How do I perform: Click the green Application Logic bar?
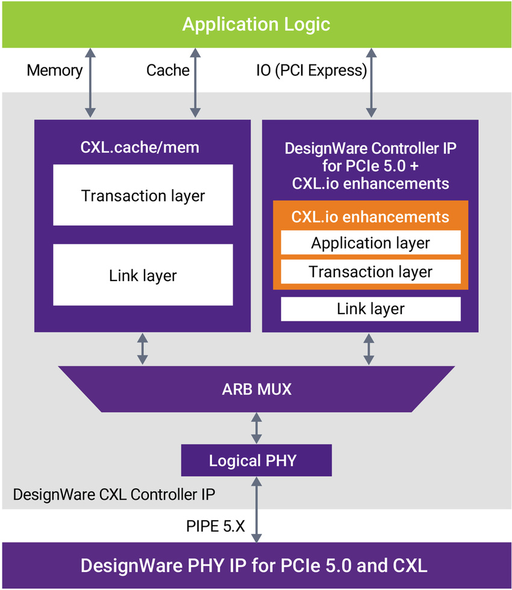click(256, 24)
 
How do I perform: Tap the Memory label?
click(54, 70)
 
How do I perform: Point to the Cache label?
click(168, 70)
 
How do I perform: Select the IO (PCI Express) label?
click(311, 70)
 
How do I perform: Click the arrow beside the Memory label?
click(90, 84)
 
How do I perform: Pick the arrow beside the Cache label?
click(195, 84)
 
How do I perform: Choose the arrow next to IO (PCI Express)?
click(370, 84)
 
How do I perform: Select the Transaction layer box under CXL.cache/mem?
click(143, 195)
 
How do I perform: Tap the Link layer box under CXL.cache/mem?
click(143, 275)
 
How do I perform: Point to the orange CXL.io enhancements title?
click(370, 217)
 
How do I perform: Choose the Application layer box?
click(370, 243)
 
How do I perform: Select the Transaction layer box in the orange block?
click(370, 272)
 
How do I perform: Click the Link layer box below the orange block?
click(370, 309)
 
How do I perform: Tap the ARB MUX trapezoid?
click(256, 389)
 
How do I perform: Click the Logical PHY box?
click(256, 461)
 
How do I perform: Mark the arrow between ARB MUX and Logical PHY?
click(257, 428)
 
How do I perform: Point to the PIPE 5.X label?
click(215, 526)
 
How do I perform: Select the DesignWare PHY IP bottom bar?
click(256, 565)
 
